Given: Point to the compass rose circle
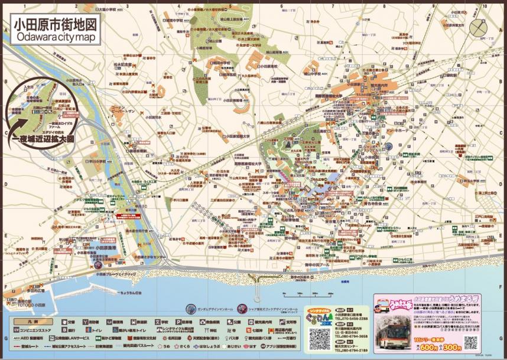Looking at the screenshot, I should [390, 146].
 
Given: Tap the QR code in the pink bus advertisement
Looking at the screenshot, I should [471, 342].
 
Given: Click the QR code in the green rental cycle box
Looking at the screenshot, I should [320, 338].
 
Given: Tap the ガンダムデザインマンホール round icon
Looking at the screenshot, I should [190, 309].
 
